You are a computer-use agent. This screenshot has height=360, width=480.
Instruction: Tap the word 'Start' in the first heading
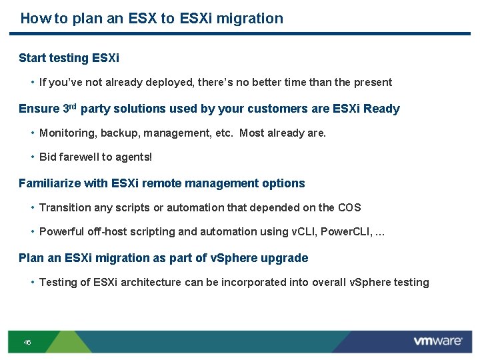(32, 58)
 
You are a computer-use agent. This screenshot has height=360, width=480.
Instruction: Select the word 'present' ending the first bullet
(373, 83)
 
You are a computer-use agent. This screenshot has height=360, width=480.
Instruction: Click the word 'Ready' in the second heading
(381, 109)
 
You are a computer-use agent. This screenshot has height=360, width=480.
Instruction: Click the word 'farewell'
(78, 157)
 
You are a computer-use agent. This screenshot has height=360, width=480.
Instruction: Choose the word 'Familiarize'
(50, 183)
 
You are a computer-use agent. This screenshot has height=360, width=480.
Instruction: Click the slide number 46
(27, 343)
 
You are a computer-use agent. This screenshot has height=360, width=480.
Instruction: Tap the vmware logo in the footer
(437, 341)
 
